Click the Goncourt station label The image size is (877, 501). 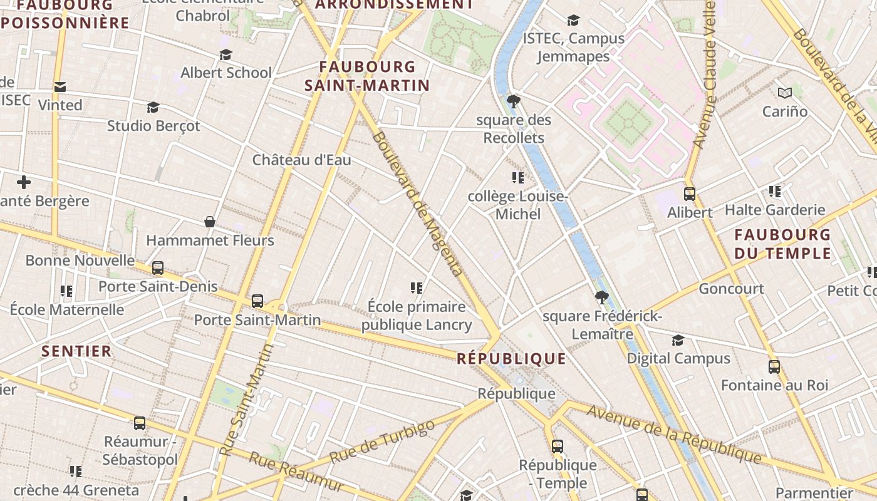coord(731,289)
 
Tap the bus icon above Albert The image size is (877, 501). coord(690,194)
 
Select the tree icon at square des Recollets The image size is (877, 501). coord(514,101)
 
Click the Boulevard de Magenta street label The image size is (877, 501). coord(417,204)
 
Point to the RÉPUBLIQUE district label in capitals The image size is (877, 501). coord(511,359)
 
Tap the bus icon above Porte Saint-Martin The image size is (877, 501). coord(257,301)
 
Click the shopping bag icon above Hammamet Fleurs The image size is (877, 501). coord(210,222)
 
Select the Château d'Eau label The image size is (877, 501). coord(301,160)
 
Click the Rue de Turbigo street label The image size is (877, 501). coord(381,442)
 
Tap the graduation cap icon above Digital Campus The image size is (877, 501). coord(678,340)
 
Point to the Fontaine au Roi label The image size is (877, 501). coord(774,385)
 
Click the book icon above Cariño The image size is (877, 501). coord(785,93)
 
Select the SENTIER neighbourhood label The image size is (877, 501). coord(76,351)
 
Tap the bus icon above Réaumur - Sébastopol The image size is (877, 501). coord(140,423)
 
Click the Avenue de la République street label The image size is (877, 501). coord(674,435)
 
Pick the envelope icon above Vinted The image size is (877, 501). coord(60,87)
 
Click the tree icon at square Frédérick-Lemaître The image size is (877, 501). coord(602,297)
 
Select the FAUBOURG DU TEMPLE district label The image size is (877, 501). coord(782,244)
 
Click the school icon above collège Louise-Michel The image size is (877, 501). coord(517,178)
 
